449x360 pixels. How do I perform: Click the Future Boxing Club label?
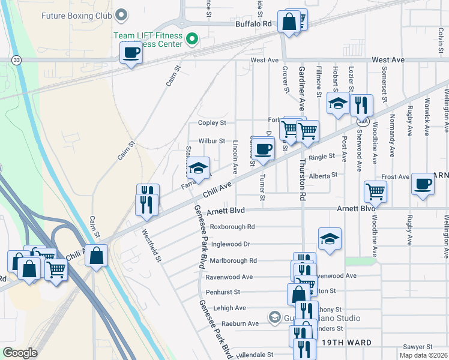77,15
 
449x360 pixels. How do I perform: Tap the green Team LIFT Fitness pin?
192,41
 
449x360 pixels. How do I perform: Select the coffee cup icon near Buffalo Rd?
131,53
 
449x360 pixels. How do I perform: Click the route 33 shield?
16,60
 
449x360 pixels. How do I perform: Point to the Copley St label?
212,123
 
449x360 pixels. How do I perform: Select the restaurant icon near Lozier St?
361,104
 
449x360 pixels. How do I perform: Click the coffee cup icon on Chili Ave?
263,148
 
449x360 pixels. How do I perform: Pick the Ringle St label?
322,157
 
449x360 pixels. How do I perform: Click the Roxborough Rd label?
232,227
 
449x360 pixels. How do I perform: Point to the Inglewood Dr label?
230,244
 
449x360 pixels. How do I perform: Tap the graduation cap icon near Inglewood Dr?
329,239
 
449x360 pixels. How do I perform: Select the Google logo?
20,352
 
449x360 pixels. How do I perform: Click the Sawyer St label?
418,347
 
